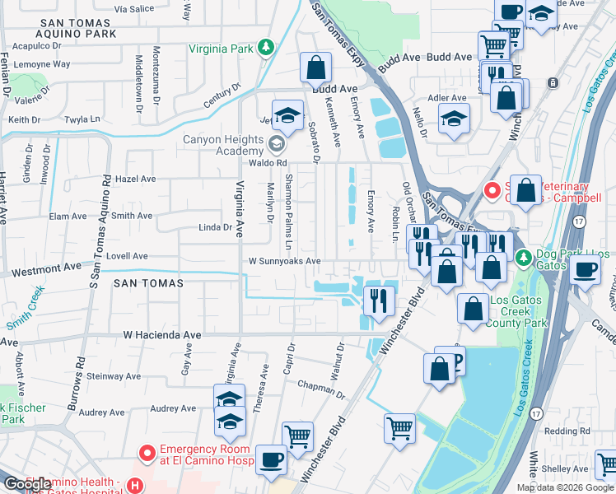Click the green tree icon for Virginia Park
point(265,48)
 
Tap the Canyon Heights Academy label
point(224,145)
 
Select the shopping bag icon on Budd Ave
point(315,68)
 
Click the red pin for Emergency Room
point(147,453)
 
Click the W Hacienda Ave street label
point(161,335)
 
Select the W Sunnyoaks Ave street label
point(285,261)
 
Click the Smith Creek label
point(26,303)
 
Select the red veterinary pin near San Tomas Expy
point(492,191)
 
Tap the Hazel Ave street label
point(136,178)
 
